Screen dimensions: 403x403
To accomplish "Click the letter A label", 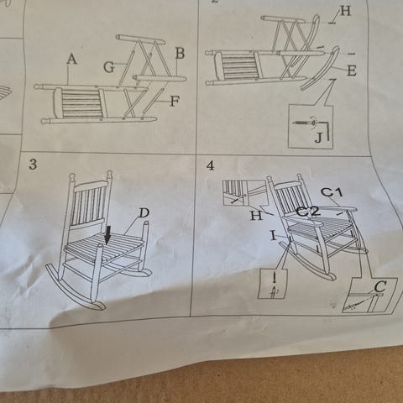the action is click(x=72, y=60).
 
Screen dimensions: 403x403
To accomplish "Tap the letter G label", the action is click(x=109, y=67).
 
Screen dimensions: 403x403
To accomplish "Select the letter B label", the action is click(x=180, y=53).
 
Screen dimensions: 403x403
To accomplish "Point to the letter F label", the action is click(x=175, y=102).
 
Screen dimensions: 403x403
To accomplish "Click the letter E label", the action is click(x=352, y=71).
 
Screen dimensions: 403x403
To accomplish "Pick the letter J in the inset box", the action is click(x=318, y=138).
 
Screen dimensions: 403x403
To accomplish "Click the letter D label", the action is click(x=144, y=213).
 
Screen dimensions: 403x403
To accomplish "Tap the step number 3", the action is click(x=33, y=165).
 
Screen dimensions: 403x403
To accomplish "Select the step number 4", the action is click(x=211, y=165).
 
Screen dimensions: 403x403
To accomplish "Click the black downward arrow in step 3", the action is click(x=107, y=235).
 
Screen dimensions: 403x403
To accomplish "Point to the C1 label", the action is click(x=332, y=192).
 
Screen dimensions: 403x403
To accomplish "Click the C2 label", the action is click(x=308, y=212).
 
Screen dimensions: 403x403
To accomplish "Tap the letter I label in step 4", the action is click(x=274, y=236).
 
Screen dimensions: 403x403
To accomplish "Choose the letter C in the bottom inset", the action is click(x=380, y=286).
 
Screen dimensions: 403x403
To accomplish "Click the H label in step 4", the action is click(x=256, y=216).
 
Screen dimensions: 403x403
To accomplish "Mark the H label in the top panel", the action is click(x=345, y=12).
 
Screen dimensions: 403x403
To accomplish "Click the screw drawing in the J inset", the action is click(x=305, y=123).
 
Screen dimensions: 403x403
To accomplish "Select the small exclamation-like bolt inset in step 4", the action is click(x=273, y=284).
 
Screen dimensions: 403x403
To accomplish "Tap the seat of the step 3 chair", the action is click(x=104, y=246).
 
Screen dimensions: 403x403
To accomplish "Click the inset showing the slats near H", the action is click(x=245, y=193).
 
